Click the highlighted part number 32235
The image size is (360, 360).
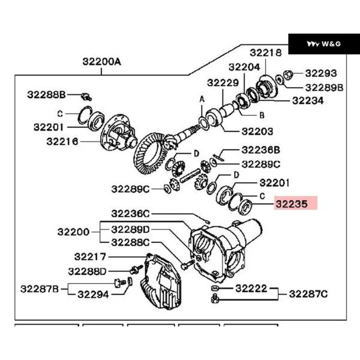[292, 203]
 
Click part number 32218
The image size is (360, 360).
[266, 53]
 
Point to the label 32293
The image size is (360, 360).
[321, 73]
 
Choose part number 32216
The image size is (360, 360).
[62, 142]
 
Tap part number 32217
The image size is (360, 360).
[91, 257]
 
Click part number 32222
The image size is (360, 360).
[251, 289]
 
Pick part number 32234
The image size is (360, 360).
[308, 101]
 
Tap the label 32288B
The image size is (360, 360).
[46, 94]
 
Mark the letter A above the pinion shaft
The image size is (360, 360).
[202, 98]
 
